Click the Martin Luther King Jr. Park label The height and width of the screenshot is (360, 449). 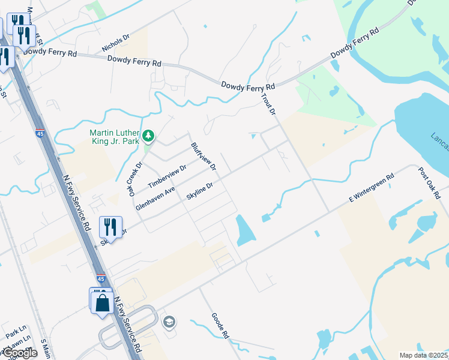tap(114, 137)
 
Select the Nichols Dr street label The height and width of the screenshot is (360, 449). tap(116, 42)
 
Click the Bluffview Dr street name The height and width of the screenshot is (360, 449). tap(203, 155)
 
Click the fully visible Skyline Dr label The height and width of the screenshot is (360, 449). tap(200, 192)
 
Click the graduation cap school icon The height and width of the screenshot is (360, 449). tap(169, 323)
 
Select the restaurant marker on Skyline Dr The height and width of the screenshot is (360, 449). tap(110, 226)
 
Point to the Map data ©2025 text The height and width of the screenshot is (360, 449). tap(423, 355)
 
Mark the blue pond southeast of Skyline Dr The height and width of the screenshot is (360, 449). tap(246, 230)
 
